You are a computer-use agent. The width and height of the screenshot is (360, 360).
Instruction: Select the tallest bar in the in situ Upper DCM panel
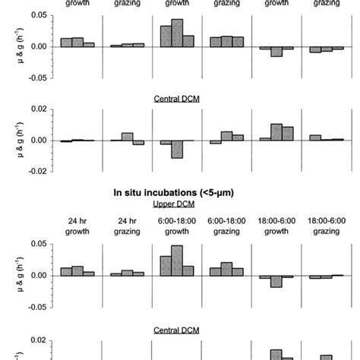(x=177, y=261)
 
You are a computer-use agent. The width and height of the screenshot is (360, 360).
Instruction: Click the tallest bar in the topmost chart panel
(x=177, y=33)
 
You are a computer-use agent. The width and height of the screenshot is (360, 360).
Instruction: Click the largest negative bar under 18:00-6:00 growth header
(x=276, y=281)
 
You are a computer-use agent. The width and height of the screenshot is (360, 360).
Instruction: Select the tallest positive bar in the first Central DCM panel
(x=276, y=132)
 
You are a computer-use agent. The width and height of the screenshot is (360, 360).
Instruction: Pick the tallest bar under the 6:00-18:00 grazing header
(x=226, y=269)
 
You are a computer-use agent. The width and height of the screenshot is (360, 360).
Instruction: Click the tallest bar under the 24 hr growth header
(x=77, y=270)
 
